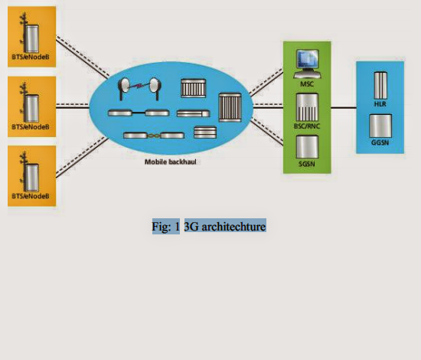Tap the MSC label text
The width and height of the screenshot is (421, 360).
click(307, 82)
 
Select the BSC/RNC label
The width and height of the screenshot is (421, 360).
click(307, 124)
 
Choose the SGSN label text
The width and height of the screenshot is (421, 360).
click(307, 165)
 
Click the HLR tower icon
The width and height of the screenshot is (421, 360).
click(380, 83)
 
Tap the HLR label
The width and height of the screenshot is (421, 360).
click(380, 102)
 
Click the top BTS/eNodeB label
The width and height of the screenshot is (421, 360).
click(31, 55)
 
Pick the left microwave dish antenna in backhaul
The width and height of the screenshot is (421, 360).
click(123, 87)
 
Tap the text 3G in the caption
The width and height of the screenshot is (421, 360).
click(191, 227)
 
